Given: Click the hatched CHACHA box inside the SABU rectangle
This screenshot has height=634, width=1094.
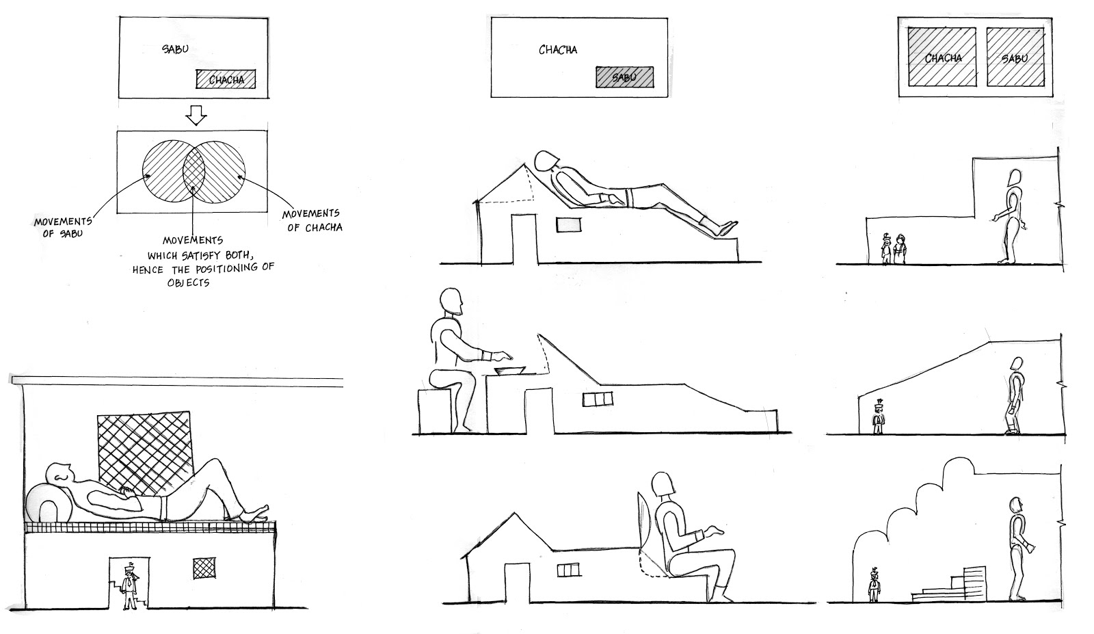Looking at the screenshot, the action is (x=226, y=79).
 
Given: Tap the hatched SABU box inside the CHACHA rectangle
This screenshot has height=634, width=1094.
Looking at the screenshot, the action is (x=624, y=77).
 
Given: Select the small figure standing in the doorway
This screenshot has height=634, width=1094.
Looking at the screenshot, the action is (x=128, y=587).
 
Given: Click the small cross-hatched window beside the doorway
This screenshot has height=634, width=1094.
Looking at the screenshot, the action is (x=202, y=567).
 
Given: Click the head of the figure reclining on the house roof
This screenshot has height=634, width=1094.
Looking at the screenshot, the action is (x=546, y=160).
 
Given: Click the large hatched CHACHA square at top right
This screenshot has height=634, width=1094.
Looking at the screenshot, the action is (x=943, y=57).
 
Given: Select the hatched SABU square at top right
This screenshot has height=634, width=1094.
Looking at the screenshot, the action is (x=1015, y=57).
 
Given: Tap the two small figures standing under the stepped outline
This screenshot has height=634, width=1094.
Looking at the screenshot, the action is (x=894, y=249).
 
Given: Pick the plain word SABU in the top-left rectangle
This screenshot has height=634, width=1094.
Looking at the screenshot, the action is (x=175, y=49).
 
